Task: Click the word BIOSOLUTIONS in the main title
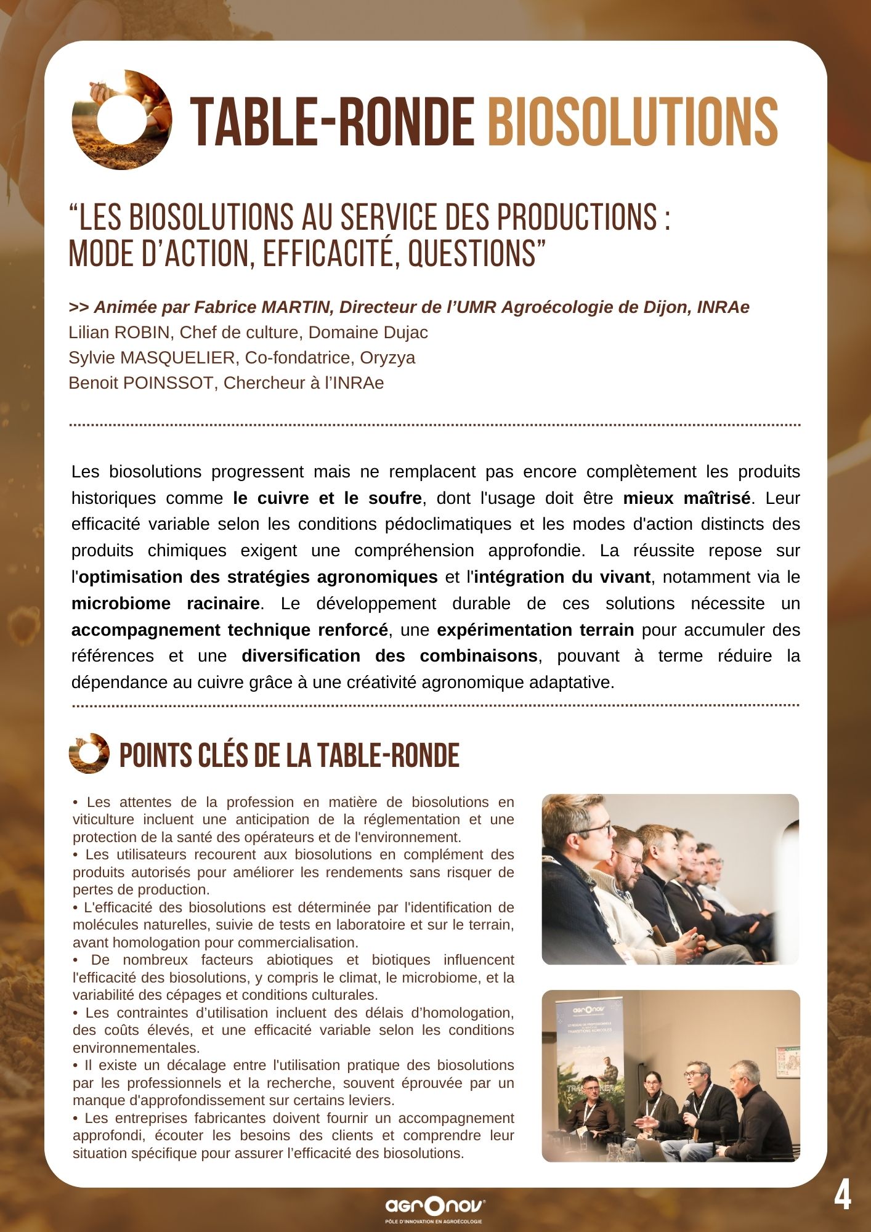(x=633, y=121)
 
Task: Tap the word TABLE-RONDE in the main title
(x=332, y=121)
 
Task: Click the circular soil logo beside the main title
(x=121, y=120)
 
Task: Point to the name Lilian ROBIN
(x=119, y=333)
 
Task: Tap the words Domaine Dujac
(x=368, y=333)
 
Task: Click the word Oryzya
(x=387, y=358)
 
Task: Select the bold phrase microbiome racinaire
(x=165, y=604)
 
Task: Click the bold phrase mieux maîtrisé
(x=687, y=498)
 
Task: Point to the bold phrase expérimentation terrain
(x=535, y=630)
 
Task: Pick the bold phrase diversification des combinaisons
(x=389, y=656)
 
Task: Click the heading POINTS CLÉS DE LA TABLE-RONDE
(x=289, y=755)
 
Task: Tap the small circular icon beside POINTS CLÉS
(x=89, y=753)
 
